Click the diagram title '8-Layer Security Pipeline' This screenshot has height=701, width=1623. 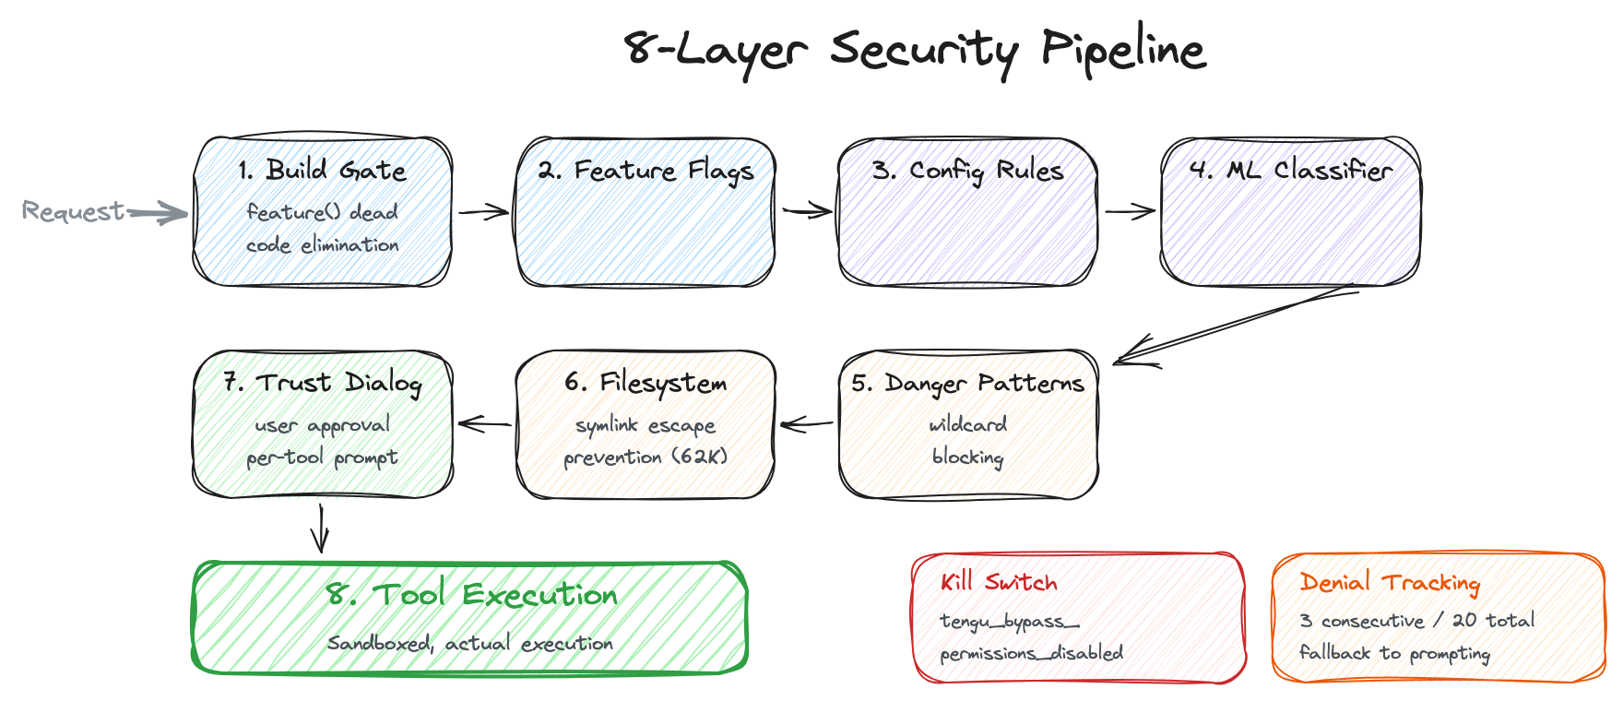[915, 50]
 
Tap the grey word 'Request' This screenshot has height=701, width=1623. [73, 211]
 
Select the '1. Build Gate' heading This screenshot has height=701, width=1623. [322, 171]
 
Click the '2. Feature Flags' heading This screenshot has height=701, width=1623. [646, 171]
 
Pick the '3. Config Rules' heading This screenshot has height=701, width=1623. [967, 171]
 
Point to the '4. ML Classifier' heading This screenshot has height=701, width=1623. [1290, 171]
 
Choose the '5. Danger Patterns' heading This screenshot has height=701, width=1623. [967, 383]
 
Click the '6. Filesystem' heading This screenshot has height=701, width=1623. [646, 383]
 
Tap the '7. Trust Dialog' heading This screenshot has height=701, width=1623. [322, 383]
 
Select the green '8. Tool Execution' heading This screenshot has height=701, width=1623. [471, 595]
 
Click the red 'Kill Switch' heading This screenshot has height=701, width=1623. [999, 582]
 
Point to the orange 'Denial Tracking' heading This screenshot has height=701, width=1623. [1390, 582]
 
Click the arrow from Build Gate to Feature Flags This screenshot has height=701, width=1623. [483, 212]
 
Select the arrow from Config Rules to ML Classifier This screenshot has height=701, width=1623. [1130, 212]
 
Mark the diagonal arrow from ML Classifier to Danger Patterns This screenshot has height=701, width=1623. [1236, 327]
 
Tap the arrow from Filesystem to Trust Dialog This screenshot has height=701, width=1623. [484, 424]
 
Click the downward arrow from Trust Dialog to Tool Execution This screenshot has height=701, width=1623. [320, 529]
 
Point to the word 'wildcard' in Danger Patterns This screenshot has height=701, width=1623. [967, 424]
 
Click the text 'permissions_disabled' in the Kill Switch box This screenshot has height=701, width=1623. [1031, 653]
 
